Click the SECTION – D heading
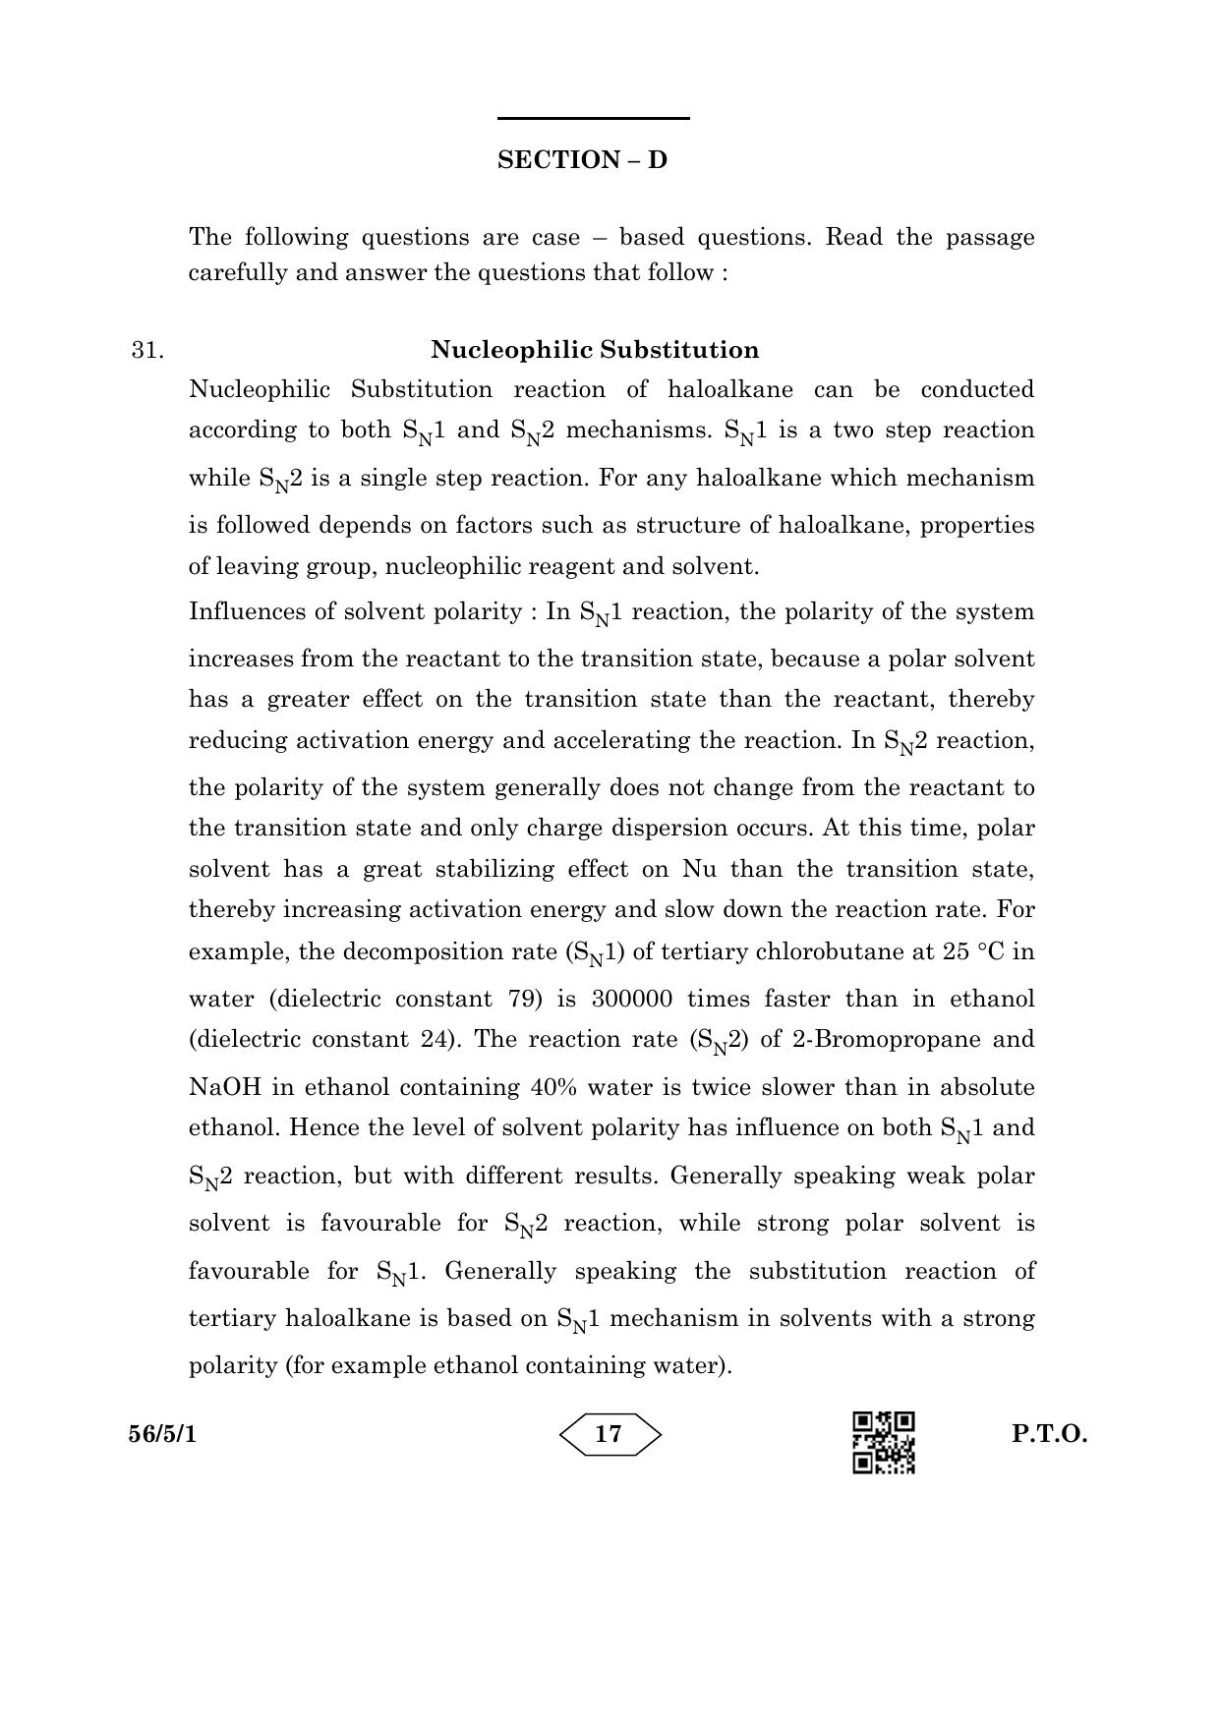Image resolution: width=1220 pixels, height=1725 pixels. click(x=582, y=160)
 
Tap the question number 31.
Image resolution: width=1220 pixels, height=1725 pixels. click(x=147, y=351)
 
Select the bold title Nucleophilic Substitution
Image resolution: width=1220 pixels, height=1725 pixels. click(x=595, y=350)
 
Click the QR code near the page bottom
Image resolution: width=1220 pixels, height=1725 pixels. click(x=884, y=1443)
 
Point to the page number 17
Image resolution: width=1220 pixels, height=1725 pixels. click(x=610, y=1434)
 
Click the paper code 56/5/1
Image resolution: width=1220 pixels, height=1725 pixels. click(x=162, y=1434)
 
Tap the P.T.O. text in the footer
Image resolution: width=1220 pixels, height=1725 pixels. click(x=1050, y=1434)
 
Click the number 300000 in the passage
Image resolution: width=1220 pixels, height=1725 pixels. click(x=632, y=1000)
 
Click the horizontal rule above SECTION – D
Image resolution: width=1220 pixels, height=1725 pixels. click(x=593, y=119)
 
